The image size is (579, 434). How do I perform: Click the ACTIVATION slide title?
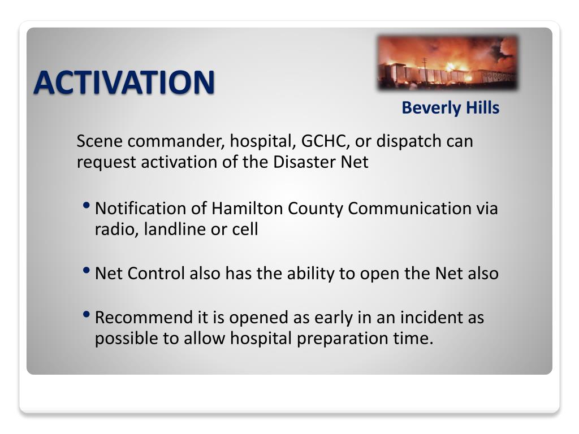click(x=124, y=83)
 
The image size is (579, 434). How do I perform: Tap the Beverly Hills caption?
click(x=451, y=108)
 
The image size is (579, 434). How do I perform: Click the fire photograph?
click(x=448, y=62)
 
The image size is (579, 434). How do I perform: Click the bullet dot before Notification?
click(x=87, y=205)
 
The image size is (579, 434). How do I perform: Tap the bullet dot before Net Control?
click(x=87, y=271)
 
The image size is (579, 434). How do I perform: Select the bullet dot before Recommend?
click(x=87, y=314)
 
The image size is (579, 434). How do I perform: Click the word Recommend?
click(x=144, y=318)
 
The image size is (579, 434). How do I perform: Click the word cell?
click(x=245, y=229)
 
